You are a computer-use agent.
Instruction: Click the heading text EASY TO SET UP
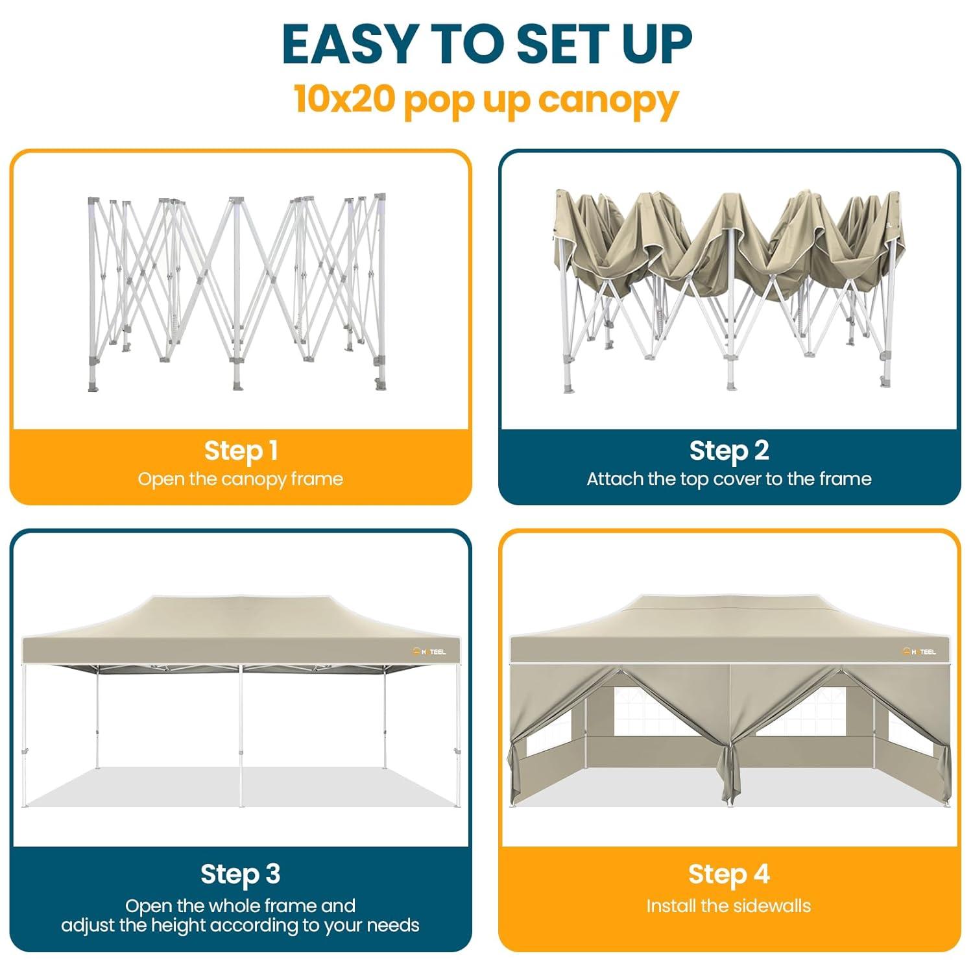tap(486, 44)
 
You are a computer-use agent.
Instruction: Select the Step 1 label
tap(241, 450)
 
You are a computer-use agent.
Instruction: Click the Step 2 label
tap(729, 450)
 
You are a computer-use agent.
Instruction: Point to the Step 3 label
tap(241, 874)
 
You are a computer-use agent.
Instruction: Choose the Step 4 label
tap(729, 874)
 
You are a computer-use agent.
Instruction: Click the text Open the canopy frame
tap(241, 479)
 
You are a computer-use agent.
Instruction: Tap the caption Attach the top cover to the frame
tap(729, 479)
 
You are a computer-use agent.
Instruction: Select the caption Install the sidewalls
tap(729, 906)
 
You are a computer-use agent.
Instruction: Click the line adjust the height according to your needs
tap(241, 925)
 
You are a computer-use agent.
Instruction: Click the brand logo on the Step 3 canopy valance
tap(429, 651)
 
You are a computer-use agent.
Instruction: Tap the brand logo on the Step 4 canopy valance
tap(919, 651)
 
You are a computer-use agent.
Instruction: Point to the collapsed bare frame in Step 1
tap(237, 292)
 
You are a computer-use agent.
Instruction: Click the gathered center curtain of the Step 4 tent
tap(730, 772)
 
